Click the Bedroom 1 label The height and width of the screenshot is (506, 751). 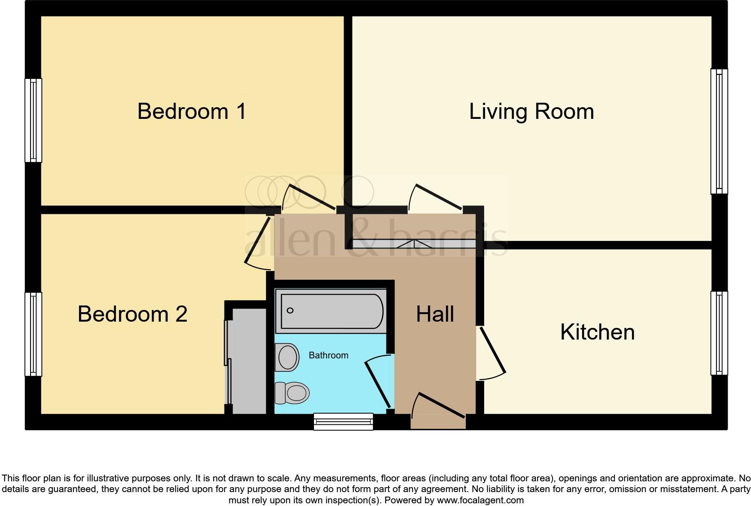[x=192, y=111]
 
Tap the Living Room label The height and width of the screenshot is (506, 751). [x=531, y=111]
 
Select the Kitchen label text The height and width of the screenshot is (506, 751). [x=597, y=332]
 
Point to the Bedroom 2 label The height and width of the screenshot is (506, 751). [x=132, y=314]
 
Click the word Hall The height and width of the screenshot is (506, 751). [x=435, y=314]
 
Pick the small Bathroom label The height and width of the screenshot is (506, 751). [x=328, y=355]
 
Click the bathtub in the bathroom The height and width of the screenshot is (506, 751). [x=331, y=311]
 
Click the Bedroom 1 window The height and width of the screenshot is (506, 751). [x=33, y=120]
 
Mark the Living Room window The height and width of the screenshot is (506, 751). [x=719, y=131]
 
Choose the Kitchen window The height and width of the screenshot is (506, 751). [x=719, y=333]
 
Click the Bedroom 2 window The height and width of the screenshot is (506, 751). [x=33, y=334]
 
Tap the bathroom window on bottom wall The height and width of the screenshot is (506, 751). [x=344, y=421]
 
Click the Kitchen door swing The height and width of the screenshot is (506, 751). [x=492, y=352]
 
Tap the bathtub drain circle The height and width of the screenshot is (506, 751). [x=290, y=310]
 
